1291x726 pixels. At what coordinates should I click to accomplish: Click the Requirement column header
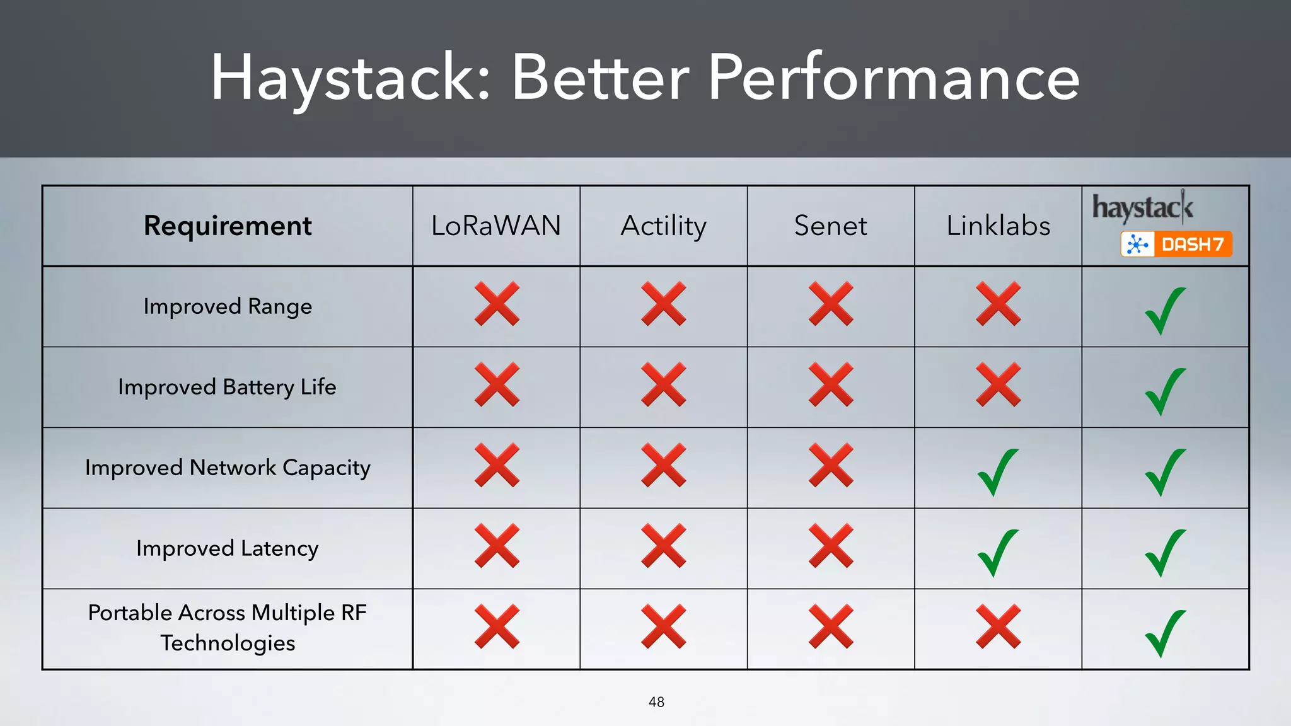tap(228, 226)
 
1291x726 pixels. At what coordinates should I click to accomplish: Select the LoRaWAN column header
tap(496, 226)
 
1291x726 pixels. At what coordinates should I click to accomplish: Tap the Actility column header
tap(663, 226)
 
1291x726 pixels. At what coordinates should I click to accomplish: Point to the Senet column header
tap(830, 226)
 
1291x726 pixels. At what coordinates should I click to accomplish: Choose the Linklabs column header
tap(998, 226)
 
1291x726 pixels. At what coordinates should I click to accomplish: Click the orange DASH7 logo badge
tap(1176, 245)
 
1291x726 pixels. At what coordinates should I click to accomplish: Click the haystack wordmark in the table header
tap(1142, 208)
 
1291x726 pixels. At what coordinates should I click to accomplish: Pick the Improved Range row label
tap(228, 306)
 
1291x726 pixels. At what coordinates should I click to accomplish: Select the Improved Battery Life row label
tap(227, 387)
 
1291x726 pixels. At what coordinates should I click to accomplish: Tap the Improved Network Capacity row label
tap(228, 468)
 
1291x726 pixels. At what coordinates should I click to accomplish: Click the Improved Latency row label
tap(227, 548)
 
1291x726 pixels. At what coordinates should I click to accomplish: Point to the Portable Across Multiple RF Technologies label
tap(228, 628)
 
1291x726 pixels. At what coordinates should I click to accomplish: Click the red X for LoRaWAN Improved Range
tap(497, 304)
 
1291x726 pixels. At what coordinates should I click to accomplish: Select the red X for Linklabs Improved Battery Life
tap(998, 384)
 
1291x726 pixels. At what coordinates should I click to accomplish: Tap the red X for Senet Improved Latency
tap(831, 546)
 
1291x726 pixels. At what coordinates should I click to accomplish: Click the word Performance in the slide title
tap(893, 78)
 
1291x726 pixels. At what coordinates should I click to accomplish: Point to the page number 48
tap(656, 702)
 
